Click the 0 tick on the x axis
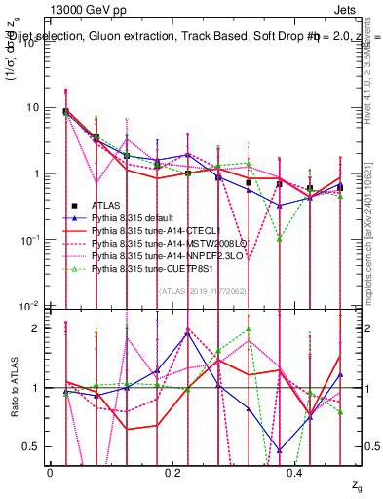coord(51,472)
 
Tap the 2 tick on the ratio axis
coord(40,328)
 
